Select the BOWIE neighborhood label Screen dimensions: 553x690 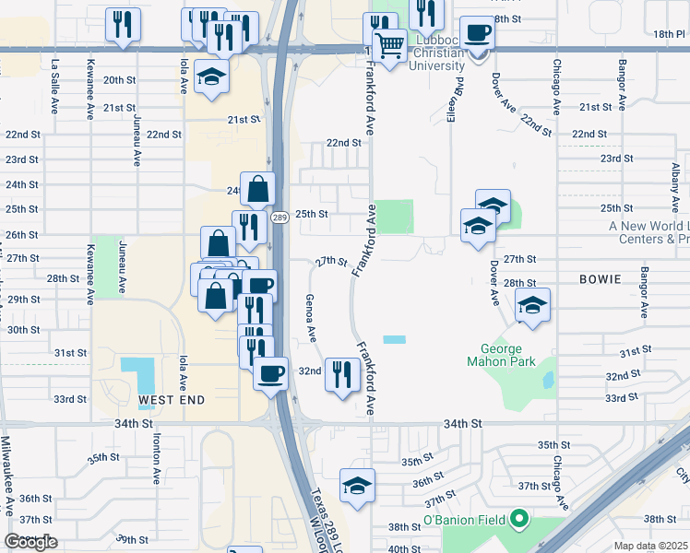coord(603,277)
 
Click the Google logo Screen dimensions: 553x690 coord(31,542)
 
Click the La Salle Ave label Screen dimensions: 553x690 coord(55,86)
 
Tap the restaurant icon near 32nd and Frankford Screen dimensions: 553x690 coord(341,374)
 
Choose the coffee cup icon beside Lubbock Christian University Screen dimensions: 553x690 coord(478,35)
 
